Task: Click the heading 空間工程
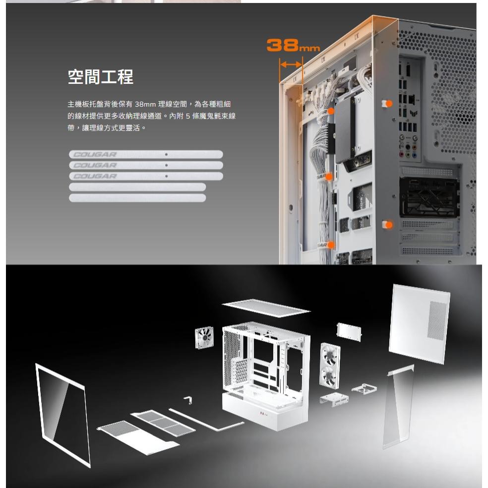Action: click(100, 77)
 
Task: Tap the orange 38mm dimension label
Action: click(293, 46)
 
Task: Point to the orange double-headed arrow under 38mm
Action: click(291, 64)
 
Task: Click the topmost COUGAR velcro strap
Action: click(146, 154)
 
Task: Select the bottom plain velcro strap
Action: click(137, 198)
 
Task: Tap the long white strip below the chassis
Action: click(206, 419)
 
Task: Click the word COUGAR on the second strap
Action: click(95, 165)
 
